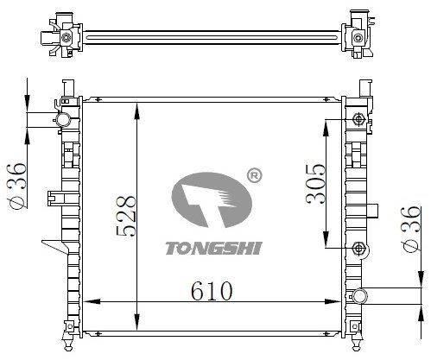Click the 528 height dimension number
pos(126,216)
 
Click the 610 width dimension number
pos(212,291)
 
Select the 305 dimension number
pos(315,184)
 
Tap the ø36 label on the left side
pos(16,186)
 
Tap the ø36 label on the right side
pos(411,229)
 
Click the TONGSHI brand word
pos(213,248)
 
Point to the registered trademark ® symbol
pos(255,175)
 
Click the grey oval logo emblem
pos(212,200)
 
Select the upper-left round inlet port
pos(63,120)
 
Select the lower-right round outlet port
pos(359,295)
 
